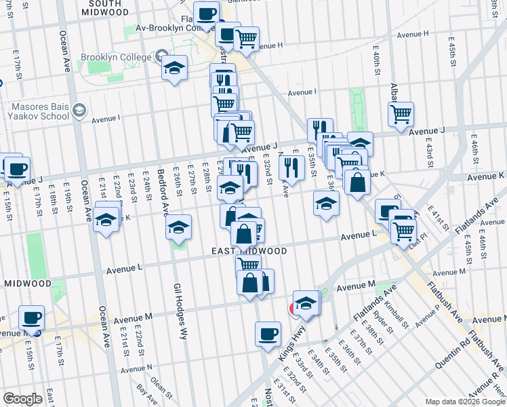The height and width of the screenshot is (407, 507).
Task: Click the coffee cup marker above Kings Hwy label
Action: [x=268, y=333]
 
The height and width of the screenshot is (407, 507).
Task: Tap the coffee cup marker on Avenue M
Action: [x=31, y=317]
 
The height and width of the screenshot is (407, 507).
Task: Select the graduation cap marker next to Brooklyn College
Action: [x=174, y=68]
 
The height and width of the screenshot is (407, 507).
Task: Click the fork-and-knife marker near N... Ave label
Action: [x=291, y=166]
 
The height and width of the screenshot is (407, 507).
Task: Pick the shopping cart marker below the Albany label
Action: [x=401, y=113]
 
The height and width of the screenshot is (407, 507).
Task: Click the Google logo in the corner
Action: [x=22, y=399]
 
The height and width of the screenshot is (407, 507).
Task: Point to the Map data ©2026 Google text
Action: [x=464, y=402]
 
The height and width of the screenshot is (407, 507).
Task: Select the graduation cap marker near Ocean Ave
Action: [x=106, y=220]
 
